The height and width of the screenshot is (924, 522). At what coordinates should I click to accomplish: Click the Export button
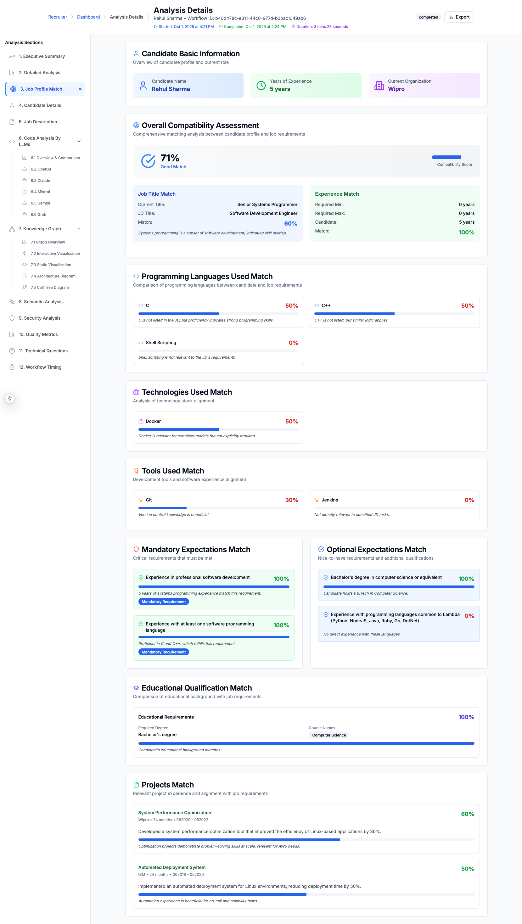(x=459, y=17)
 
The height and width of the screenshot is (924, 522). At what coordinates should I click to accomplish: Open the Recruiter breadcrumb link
(x=57, y=17)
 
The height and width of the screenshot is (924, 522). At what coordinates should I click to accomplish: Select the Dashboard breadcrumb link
(x=88, y=17)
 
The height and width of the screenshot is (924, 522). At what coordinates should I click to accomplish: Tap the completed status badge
(x=428, y=17)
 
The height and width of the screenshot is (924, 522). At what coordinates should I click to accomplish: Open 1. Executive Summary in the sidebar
(x=42, y=56)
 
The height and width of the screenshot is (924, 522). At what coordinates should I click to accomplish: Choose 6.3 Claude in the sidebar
(x=40, y=180)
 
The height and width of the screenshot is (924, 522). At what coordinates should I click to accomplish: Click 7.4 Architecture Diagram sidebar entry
(x=53, y=276)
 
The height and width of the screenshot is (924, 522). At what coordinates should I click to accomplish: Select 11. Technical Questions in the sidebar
(x=43, y=351)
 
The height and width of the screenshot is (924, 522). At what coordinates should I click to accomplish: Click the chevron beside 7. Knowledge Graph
(x=79, y=229)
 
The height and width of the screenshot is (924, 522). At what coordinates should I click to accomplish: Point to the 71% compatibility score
(x=170, y=158)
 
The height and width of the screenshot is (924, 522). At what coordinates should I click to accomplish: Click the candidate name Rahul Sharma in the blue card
(x=171, y=89)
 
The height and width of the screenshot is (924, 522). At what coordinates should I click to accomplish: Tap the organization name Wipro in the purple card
(x=396, y=89)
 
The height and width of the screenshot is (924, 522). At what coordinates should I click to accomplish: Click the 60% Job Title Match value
(x=291, y=223)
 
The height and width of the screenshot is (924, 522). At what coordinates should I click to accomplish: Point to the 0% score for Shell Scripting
(x=293, y=343)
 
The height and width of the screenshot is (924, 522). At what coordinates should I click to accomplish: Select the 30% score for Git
(x=291, y=500)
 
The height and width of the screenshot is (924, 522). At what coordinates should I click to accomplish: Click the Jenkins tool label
(x=329, y=500)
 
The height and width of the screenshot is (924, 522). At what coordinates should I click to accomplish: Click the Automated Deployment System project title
(x=172, y=867)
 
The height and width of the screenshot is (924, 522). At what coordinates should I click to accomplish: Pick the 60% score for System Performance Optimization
(x=467, y=814)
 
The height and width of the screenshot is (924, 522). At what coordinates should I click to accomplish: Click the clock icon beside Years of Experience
(x=261, y=85)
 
